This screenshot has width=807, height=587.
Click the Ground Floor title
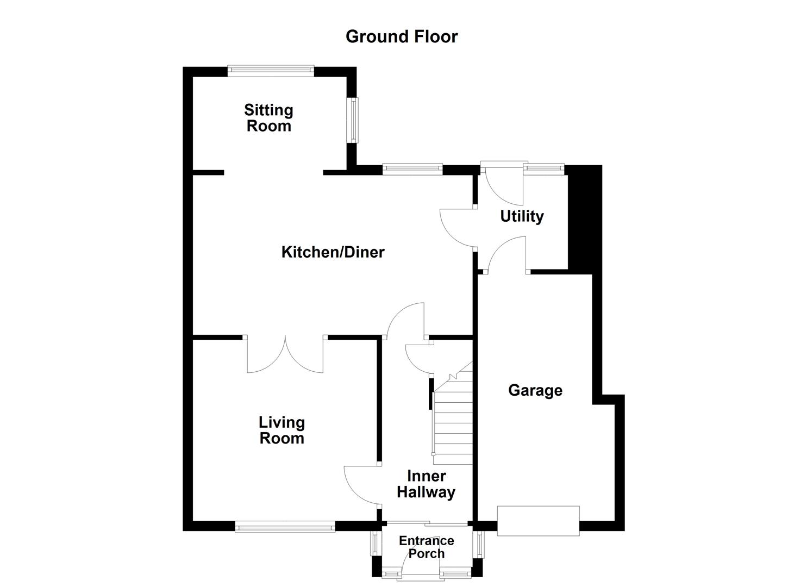402,36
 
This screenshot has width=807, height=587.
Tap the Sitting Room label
268,118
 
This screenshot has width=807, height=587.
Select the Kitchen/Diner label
333,252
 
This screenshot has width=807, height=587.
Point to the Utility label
522,216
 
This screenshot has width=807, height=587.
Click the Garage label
535,390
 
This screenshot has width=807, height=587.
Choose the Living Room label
281,430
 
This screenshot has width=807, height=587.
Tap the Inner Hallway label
426,484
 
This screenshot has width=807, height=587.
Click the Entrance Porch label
426,547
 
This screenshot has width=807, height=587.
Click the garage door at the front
538,521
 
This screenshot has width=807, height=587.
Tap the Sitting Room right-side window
353,120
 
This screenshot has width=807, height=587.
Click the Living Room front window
285,526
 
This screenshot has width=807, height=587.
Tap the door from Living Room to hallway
362,485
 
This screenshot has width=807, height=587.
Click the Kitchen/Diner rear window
412,169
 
